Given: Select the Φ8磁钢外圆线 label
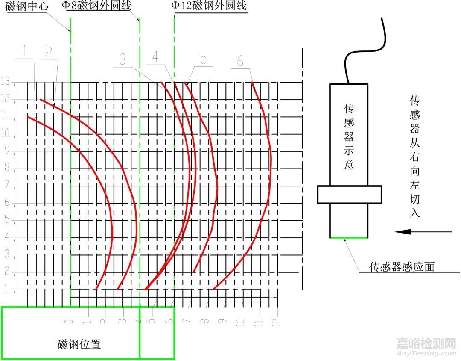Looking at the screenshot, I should click(99, 6).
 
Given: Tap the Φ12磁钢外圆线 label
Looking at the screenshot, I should click(209, 6).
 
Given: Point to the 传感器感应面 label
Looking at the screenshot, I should click(402, 267).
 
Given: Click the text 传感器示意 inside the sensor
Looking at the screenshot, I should click(349, 136).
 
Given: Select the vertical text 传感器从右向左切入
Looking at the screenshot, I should click(414, 157).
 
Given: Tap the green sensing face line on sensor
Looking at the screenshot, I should click(348, 237).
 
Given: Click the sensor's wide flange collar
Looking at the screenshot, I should click(349, 194).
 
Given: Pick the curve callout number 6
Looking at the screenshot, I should click(240, 62).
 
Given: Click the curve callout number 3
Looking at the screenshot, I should click(123, 59).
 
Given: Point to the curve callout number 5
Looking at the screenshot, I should click(203, 58).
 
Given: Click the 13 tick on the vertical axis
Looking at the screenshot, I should click(6, 83).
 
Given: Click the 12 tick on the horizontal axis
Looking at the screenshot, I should click(277, 321).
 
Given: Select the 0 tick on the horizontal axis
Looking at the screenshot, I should click(70, 321).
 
